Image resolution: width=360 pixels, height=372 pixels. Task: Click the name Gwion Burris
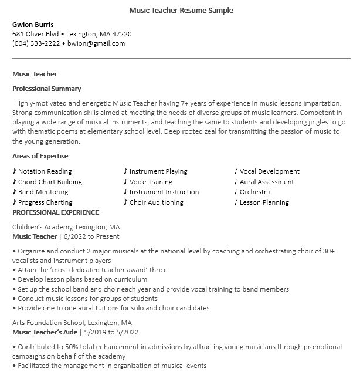click(x=33, y=25)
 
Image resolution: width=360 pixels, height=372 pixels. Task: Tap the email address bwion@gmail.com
click(x=96, y=43)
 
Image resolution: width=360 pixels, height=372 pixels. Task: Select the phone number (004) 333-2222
click(x=36, y=43)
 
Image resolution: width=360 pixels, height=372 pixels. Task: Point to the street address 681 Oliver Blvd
click(x=36, y=34)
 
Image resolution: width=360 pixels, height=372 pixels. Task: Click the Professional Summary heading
click(x=47, y=89)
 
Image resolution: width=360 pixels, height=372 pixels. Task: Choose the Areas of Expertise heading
click(x=40, y=156)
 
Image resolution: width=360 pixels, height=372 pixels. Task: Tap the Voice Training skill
click(x=151, y=182)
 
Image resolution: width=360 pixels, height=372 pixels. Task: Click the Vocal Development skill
click(x=269, y=171)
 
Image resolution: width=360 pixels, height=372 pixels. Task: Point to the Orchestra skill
click(x=254, y=192)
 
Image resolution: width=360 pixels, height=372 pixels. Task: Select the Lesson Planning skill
click(x=264, y=202)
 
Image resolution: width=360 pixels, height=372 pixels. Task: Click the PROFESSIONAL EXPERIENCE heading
click(x=56, y=212)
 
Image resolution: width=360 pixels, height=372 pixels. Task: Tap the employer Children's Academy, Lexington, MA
click(x=66, y=226)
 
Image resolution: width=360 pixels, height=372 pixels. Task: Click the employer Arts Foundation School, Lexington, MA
click(x=72, y=323)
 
